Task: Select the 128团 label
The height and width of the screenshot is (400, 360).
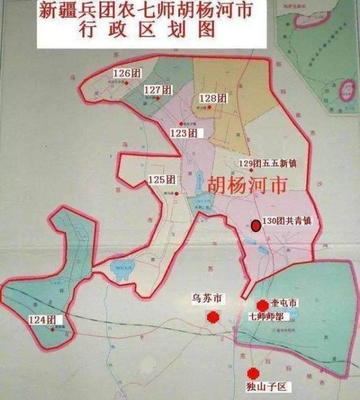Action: pos(213,98)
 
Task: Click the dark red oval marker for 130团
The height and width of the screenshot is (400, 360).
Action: pos(256,226)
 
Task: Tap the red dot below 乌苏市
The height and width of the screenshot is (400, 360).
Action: pos(212,317)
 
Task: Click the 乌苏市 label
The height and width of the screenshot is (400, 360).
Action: pos(207,298)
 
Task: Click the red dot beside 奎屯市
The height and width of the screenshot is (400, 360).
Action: pos(262,306)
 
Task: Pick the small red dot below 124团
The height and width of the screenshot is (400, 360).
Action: pos(53,329)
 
